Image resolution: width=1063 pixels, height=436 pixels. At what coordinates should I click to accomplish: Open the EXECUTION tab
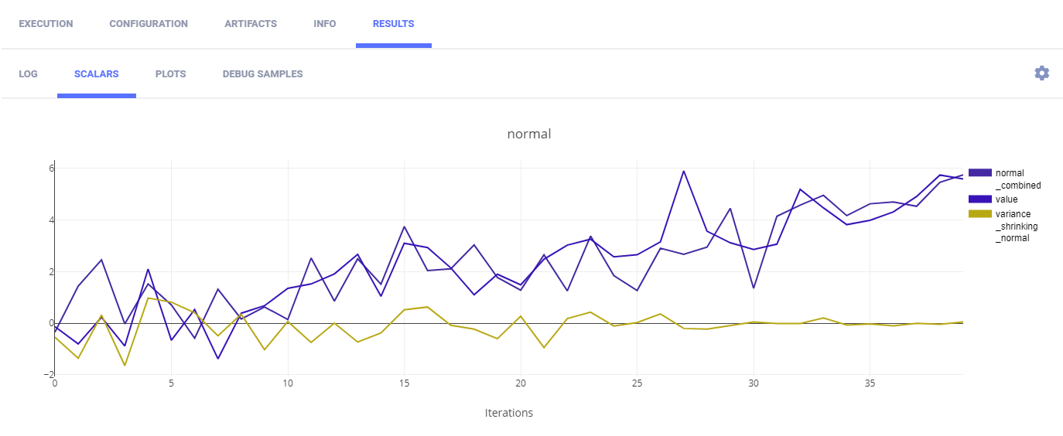coord(46,24)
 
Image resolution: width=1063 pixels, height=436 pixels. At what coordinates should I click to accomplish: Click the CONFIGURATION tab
coord(149,24)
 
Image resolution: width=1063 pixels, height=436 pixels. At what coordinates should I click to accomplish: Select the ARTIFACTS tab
coord(251,24)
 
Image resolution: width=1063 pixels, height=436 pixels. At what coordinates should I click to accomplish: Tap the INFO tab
coord(325,24)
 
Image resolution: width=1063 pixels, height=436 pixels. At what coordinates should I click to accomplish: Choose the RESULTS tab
coord(393,24)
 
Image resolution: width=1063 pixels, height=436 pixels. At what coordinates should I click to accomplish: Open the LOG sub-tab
coord(29,74)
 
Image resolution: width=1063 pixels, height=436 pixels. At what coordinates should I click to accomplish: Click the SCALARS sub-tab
coord(97,74)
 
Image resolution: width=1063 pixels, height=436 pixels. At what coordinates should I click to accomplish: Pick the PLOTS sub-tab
coord(170,74)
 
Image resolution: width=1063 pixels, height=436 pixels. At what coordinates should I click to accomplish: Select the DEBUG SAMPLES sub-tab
coord(262,74)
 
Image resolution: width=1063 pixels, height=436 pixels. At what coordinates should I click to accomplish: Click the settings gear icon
coord(1042,73)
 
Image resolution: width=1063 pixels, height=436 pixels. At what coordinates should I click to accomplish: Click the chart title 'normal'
coord(529,134)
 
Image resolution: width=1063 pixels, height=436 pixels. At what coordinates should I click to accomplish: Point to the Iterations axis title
coord(508,413)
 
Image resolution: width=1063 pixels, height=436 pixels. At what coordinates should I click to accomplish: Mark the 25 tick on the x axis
coord(636,383)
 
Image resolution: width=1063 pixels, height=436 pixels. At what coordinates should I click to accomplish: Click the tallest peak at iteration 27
coord(683,171)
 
